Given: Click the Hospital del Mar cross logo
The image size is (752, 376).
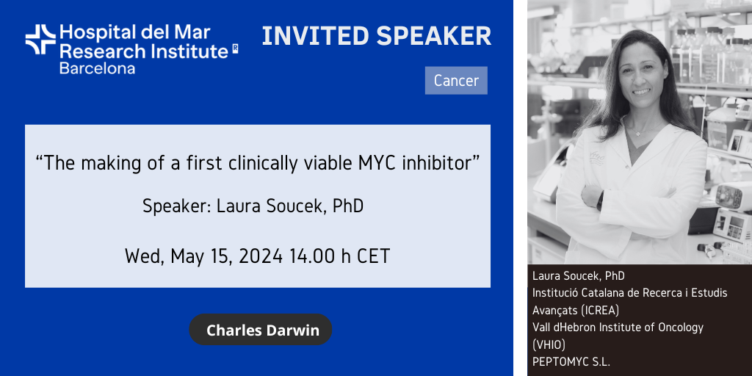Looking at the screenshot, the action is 41,40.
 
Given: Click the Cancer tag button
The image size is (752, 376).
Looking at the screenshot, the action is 456,80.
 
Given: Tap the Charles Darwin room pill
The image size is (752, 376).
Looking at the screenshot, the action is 261,330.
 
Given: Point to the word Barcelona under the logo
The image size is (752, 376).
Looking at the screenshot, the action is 97,68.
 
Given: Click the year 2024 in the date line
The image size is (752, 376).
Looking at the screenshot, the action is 261,256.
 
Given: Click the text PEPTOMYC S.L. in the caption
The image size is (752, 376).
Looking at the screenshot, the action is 571,361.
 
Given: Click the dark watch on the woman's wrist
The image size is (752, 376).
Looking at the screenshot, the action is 600,200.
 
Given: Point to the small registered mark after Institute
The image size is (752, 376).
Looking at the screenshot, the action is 235,48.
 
